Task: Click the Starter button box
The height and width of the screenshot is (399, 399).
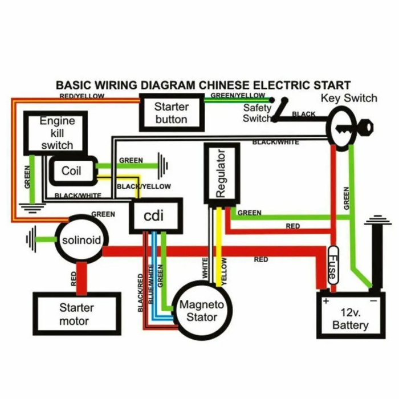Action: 171,112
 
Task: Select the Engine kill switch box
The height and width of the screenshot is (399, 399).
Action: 57,133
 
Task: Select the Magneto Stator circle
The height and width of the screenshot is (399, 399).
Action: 202,310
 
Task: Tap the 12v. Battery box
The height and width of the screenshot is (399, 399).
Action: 351,319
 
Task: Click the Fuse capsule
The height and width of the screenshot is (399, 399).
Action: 332,265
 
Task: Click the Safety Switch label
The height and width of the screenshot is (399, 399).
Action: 256,113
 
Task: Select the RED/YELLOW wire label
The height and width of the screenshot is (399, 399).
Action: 82,96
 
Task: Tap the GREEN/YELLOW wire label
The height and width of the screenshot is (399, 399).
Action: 238,95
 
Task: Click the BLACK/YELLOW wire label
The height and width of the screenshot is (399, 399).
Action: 144,186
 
